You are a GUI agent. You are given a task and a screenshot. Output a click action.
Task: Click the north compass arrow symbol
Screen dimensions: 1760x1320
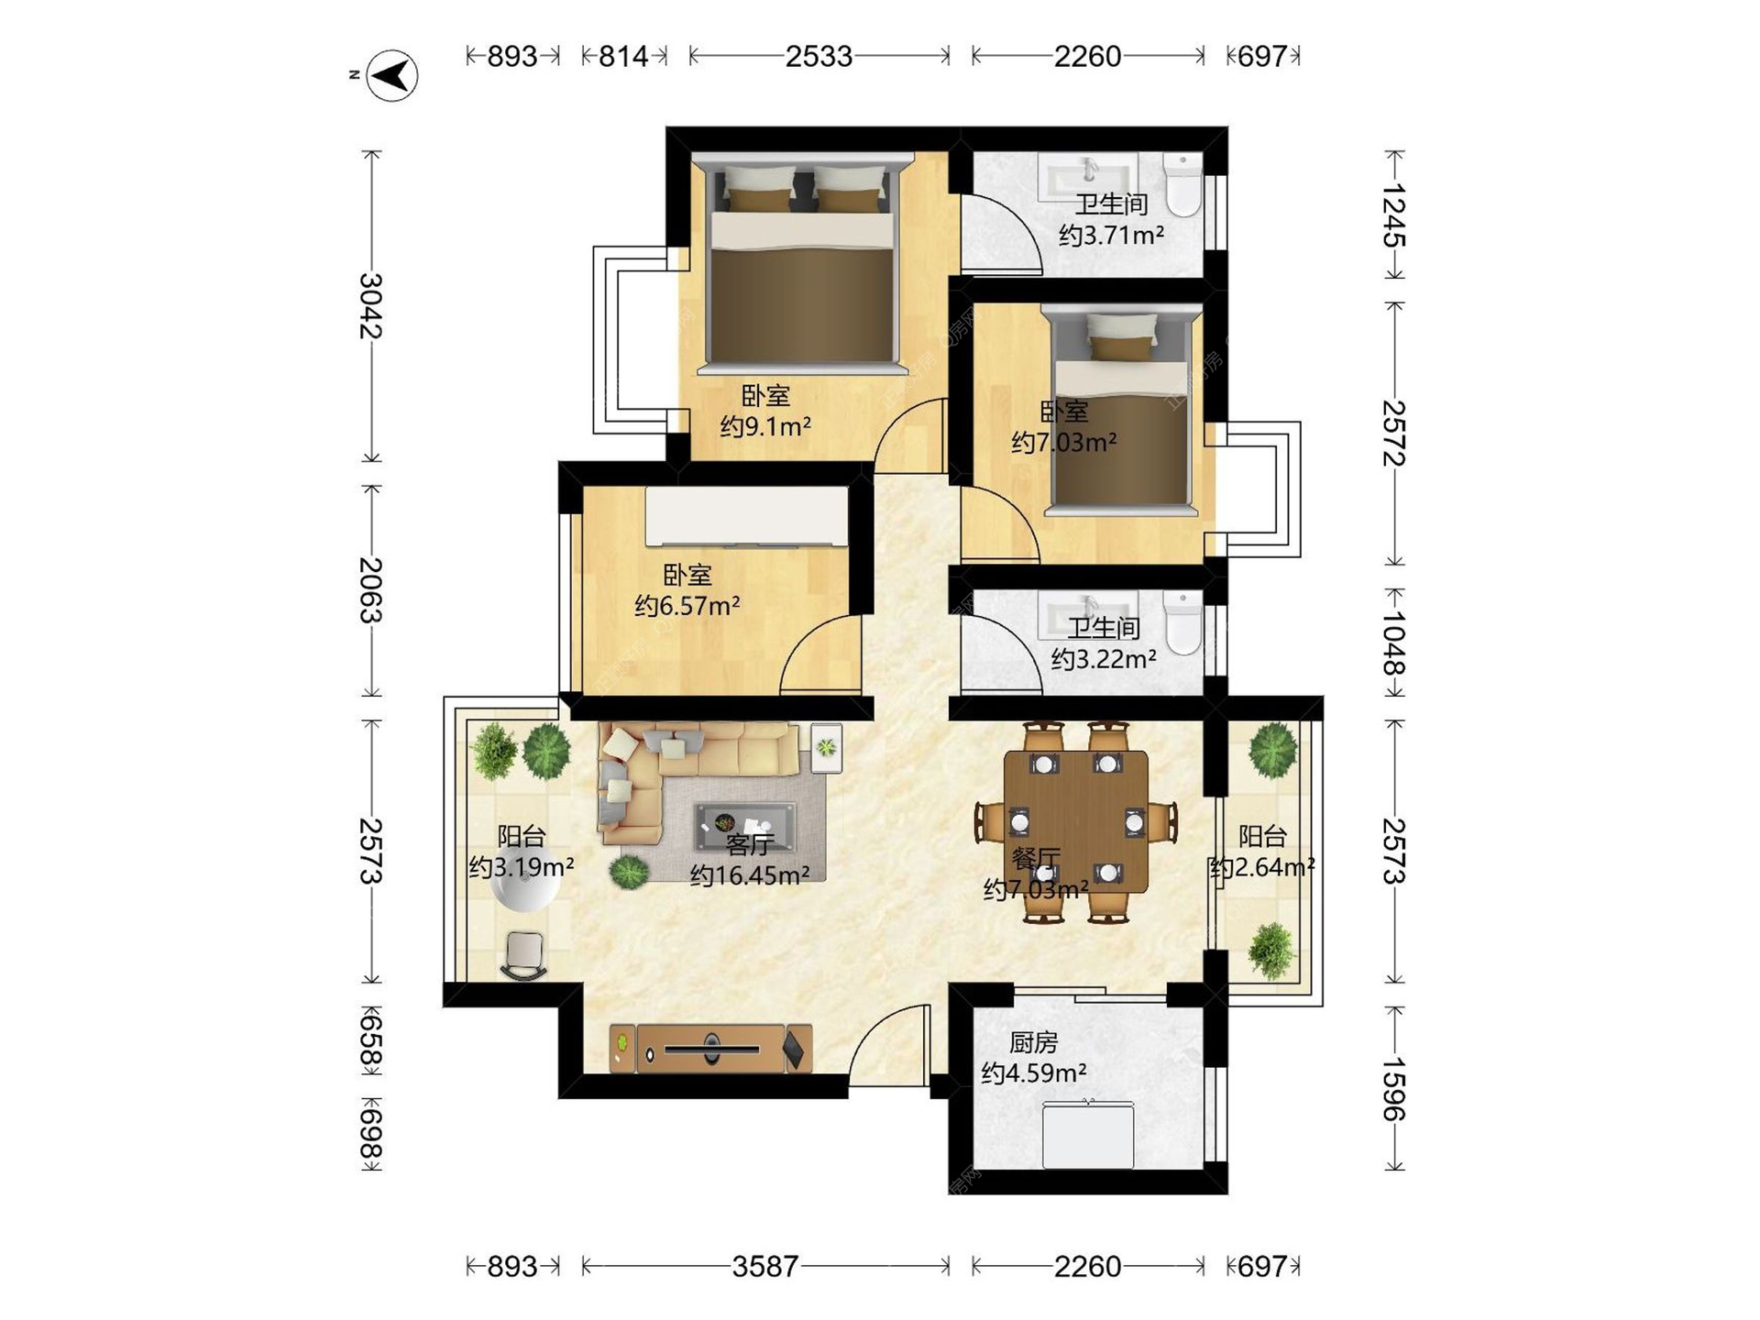392,75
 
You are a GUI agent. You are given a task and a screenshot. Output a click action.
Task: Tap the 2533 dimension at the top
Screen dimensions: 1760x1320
819,57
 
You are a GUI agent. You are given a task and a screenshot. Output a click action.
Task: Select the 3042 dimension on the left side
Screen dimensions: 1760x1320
370,306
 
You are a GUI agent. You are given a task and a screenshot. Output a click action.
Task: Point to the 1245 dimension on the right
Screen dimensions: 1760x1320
1393,214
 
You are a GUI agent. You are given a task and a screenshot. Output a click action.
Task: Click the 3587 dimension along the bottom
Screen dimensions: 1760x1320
765,1267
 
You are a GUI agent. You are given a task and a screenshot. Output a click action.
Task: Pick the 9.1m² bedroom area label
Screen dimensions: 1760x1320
765,427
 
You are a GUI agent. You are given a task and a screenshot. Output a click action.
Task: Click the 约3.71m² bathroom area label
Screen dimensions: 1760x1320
1111,236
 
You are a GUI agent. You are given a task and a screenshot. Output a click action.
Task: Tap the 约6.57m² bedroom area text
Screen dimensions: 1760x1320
687,606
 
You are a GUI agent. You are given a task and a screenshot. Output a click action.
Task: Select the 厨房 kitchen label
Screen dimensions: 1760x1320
1033,1042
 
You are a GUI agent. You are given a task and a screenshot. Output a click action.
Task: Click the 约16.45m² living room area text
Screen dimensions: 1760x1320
750,875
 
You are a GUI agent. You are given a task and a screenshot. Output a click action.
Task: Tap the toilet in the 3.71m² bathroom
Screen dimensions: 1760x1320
1182,185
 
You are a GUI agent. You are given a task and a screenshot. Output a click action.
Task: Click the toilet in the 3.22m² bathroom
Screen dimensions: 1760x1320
1182,622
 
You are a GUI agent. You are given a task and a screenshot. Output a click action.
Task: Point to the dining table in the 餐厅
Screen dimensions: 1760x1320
1076,821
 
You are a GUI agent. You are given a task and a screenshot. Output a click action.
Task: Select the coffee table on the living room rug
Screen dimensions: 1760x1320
745,826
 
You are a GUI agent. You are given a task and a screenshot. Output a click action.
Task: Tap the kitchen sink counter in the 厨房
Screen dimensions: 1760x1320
1088,1135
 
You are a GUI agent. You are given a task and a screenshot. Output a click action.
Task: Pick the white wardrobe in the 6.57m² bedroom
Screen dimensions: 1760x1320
747,517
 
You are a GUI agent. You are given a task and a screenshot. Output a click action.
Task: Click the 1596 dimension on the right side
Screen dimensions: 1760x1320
1393,1089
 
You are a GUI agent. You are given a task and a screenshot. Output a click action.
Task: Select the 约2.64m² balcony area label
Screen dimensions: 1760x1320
1262,867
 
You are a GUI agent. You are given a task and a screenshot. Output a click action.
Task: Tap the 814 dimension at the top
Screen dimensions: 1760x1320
623,57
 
